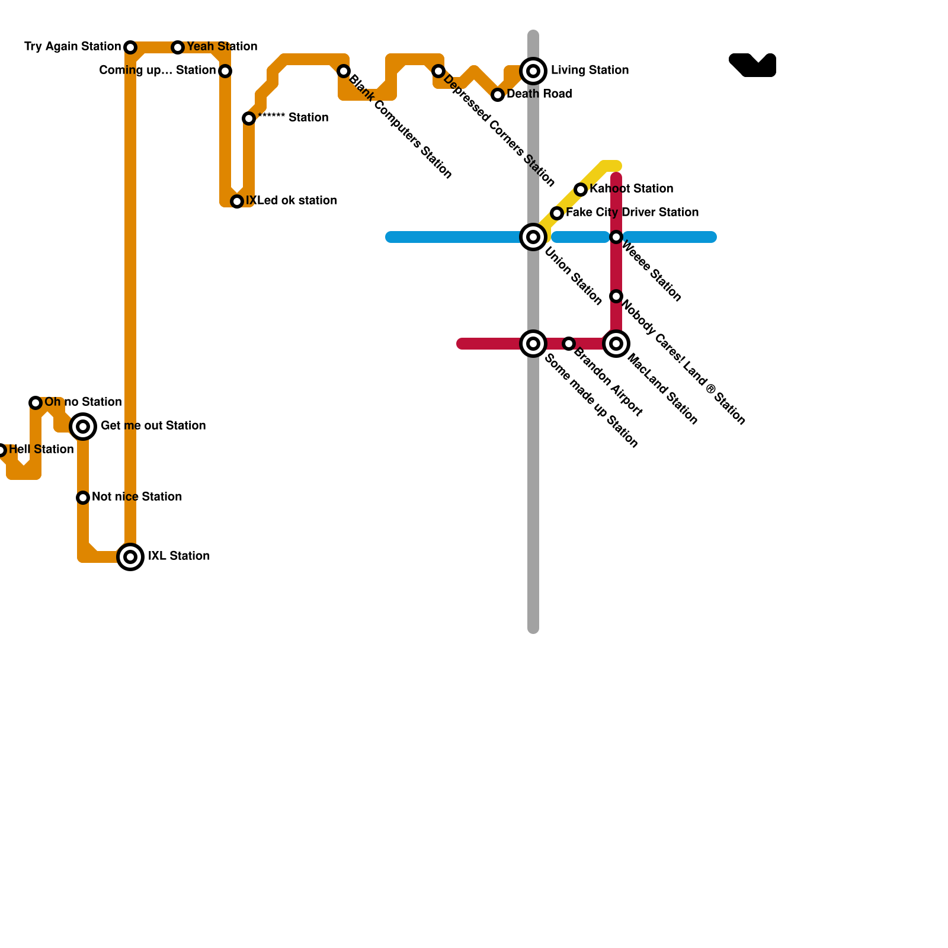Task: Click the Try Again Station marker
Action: (130, 47)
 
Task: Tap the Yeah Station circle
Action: (178, 47)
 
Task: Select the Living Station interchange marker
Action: (533, 71)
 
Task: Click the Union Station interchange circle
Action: (533, 237)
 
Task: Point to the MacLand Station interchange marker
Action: (616, 344)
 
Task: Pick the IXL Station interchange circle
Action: (130, 557)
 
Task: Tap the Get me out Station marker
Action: (83, 427)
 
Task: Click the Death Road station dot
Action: (498, 95)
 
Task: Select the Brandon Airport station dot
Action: (569, 344)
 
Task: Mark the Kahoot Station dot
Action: (581, 190)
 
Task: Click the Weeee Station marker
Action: (616, 237)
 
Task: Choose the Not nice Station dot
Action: (83, 498)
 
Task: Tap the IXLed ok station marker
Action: (237, 201)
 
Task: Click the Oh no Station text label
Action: (83, 402)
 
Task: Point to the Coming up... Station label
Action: (157, 71)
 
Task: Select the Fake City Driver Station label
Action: (632, 213)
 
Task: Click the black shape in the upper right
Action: (754, 66)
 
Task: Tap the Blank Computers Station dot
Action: (344, 71)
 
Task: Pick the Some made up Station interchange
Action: (533, 344)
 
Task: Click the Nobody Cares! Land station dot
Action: (616, 296)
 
